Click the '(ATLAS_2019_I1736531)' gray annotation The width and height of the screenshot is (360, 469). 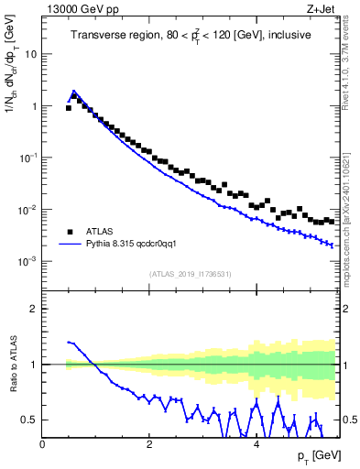190,274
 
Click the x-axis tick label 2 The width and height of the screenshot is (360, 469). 149,444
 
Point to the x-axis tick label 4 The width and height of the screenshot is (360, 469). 256,444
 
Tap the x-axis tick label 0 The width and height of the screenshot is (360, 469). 43,444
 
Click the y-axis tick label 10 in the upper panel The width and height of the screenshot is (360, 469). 30,53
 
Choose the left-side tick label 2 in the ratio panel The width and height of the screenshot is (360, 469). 33,309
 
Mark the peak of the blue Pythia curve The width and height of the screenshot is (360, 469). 74,91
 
